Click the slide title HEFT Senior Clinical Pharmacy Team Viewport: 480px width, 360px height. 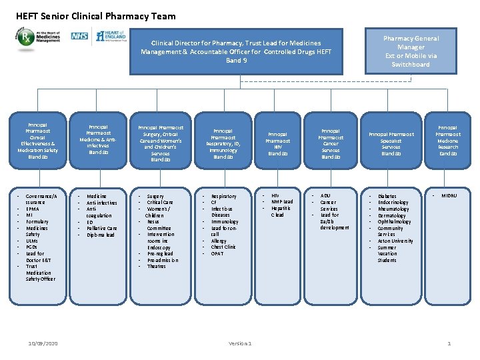pos(96,16)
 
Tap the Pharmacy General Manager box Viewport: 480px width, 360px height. pos(411,51)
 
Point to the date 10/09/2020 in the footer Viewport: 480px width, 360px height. pos(43,343)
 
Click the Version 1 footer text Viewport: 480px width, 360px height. pos(240,343)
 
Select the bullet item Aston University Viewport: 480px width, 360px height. pos(395,241)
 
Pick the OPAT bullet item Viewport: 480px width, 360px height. pos(218,253)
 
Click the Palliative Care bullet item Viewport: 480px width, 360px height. pos(102,228)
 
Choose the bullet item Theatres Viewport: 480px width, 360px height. pos(157,266)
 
